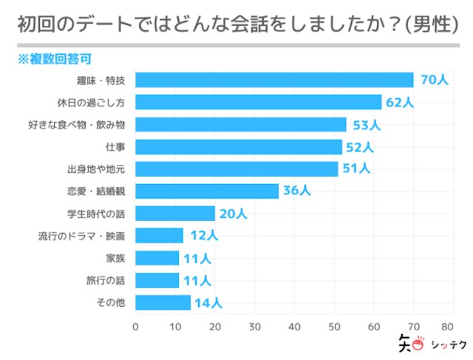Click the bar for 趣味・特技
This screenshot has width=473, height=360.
click(274, 80)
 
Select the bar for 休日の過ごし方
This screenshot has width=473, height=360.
click(259, 102)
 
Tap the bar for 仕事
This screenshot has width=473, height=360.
click(239, 146)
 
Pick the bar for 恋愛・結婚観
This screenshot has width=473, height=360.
click(207, 191)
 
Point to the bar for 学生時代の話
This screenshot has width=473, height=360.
click(175, 214)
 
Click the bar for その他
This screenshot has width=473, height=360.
click(163, 302)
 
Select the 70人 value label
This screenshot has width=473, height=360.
click(433, 80)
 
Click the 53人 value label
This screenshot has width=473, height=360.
click(366, 124)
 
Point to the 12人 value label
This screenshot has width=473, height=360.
click(203, 236)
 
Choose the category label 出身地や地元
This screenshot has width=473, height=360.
click(96, 169)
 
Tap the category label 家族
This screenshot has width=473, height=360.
click(115, 258)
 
